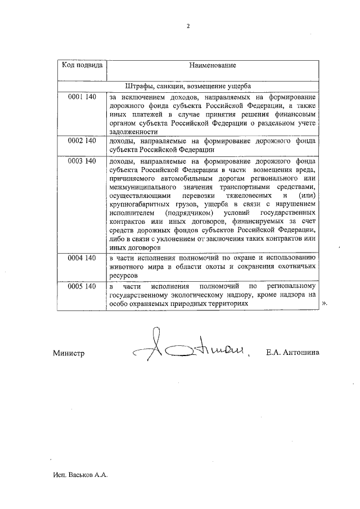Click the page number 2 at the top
click(188, 25)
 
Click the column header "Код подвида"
click(82, 65)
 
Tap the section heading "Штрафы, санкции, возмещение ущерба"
click(188, 86)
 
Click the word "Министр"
click(69, 353)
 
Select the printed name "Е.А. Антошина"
click(292, 353)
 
